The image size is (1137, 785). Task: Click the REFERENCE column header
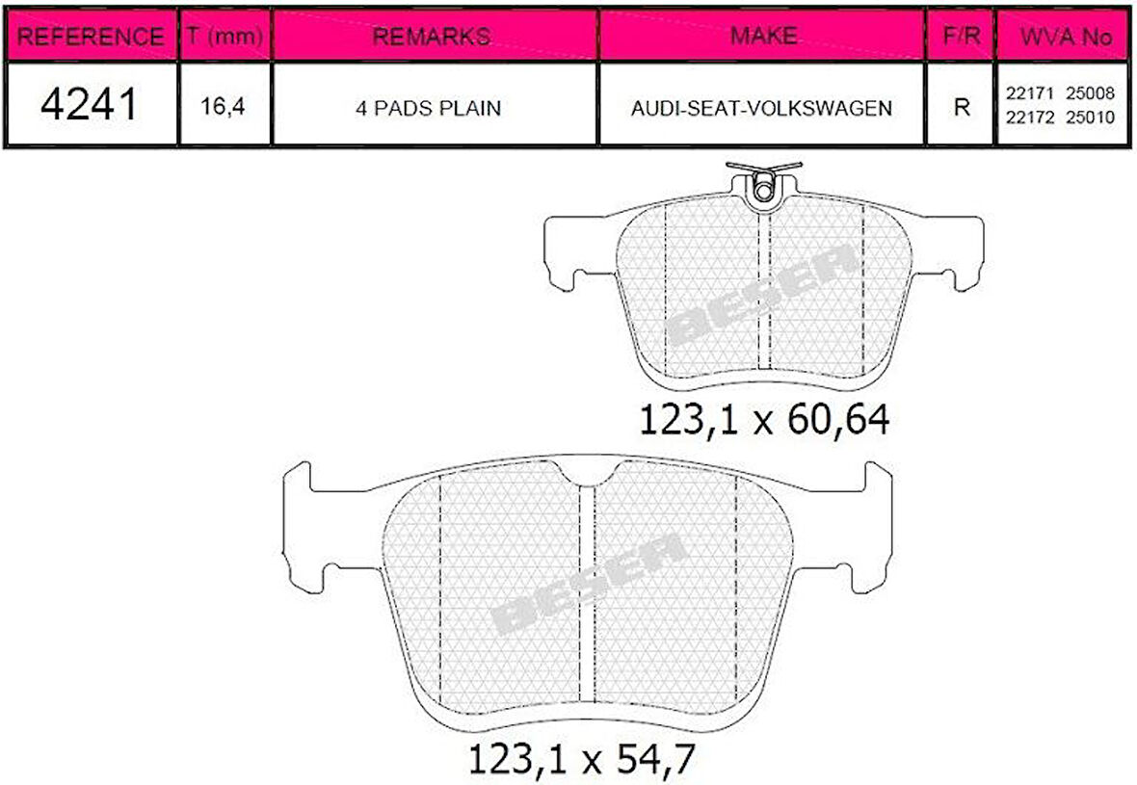(90, 37)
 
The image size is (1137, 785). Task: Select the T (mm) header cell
(225, 36)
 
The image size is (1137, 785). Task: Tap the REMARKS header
(432, 37)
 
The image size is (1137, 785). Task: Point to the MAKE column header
(763, 36)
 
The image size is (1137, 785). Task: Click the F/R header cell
(962, 36)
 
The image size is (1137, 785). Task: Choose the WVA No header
(1065, 37)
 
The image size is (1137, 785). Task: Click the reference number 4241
(89, 104)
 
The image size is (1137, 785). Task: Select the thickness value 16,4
(223, 107)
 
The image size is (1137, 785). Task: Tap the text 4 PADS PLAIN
(428, 108)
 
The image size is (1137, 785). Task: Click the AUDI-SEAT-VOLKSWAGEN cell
(761, 108)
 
